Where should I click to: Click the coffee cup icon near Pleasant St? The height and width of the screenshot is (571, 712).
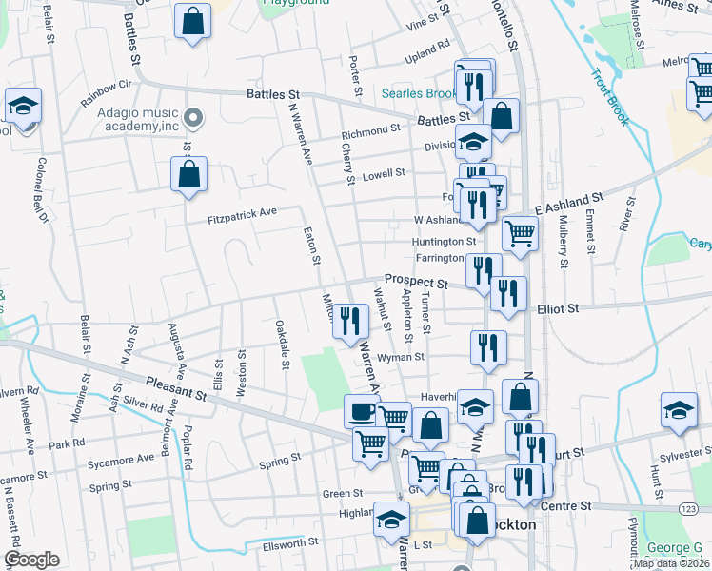[362, 411]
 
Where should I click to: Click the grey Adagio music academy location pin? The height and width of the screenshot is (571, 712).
[194, 118]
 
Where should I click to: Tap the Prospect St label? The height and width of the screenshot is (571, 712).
[416, 283]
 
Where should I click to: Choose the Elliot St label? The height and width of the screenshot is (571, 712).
[559, 308]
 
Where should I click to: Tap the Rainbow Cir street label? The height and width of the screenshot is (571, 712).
[105, 91]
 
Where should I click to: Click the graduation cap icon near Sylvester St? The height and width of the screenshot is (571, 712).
[679, 411]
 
